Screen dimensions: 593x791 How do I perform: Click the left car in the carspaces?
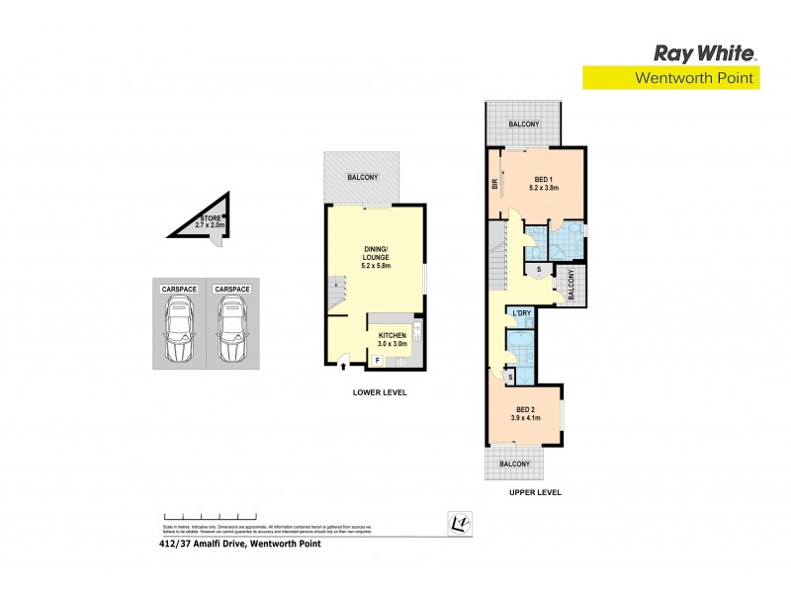pyautogui.click(x=179, y=332)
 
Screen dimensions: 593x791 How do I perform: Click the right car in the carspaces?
pyautogui.click(x=232, y=332)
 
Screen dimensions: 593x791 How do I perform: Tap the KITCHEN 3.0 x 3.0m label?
pyautogui.click(x=393, y=339)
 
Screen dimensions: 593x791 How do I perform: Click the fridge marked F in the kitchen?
pyautogui.click(x=377, y=362)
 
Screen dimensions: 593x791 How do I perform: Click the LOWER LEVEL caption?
pyautogui.click(x=380, y=392)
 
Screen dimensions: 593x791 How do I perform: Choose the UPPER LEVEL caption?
pyautogui.click(x=535, y=491)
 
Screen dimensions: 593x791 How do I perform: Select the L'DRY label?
pyautogui.click(x=521, y=313)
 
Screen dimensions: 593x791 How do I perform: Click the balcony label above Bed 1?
pyautogui.click(x=523, y=125)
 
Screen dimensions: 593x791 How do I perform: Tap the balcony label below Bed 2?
pyautogui.click(x=523, y=464)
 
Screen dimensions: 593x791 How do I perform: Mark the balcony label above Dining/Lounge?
pyautogui.click(x=362, y=177)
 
